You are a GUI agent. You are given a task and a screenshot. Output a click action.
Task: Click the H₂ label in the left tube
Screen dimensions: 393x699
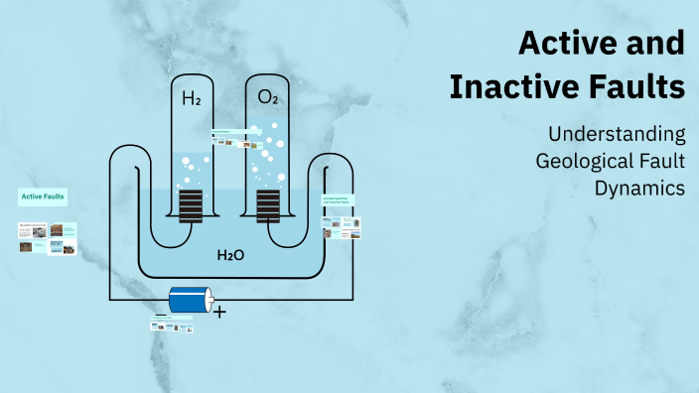click(191, 98)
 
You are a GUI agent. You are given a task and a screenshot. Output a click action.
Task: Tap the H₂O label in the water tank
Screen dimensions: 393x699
click(230, 255)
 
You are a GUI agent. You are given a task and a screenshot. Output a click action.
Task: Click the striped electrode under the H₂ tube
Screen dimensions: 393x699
click(191, 207)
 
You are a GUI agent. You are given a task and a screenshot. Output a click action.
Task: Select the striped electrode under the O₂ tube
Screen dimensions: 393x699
click(268, 207)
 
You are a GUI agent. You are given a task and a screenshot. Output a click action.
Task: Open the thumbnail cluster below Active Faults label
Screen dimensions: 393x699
click(48, 239)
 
